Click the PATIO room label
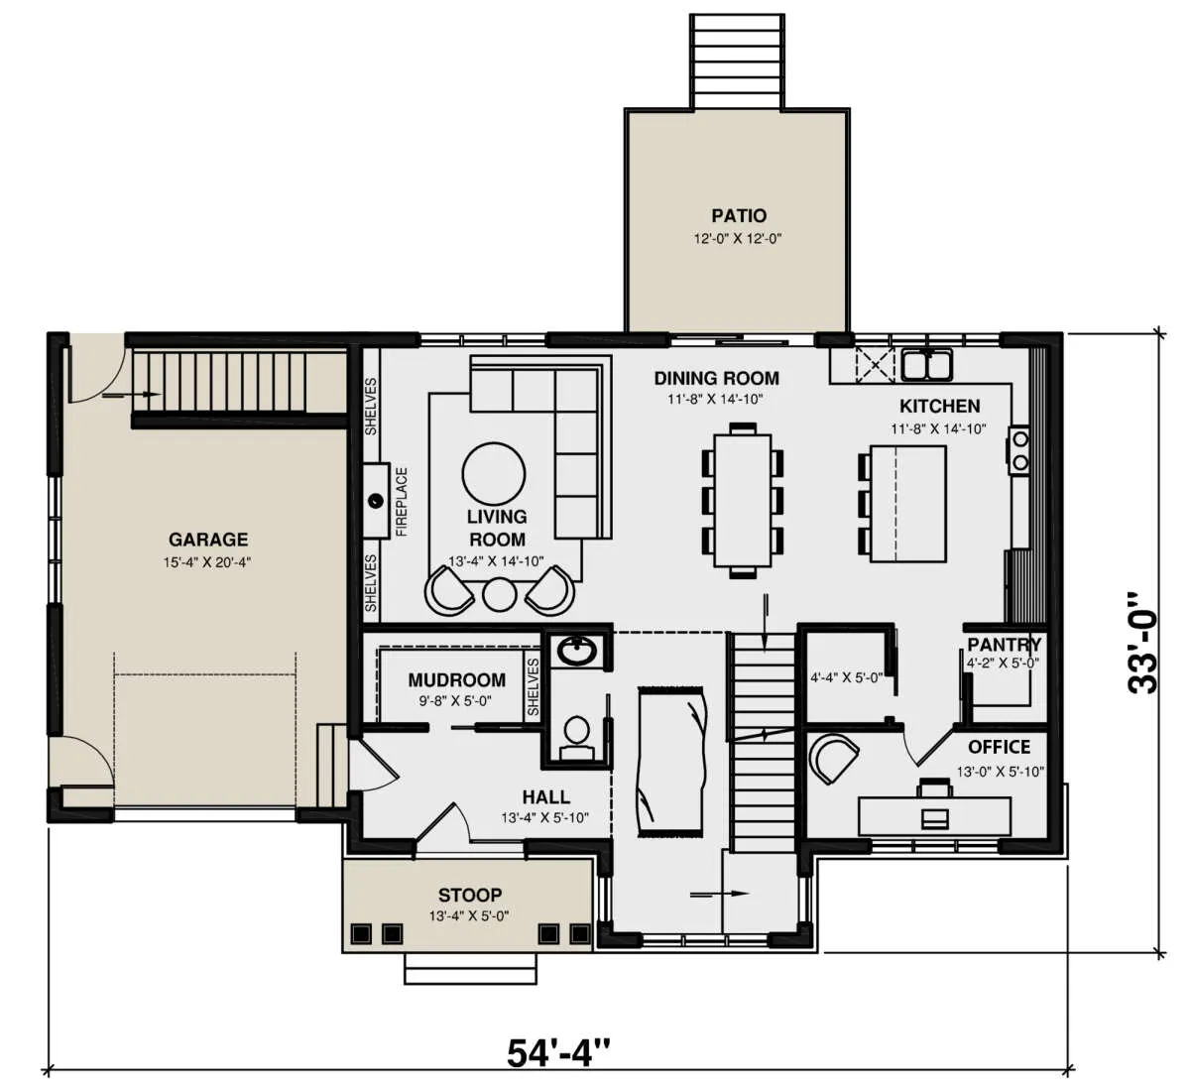click(x=739, y=215)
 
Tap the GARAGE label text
click(x=208, y=539)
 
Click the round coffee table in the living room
click(x=494, y=474)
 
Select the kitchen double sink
click(x=927, y=364)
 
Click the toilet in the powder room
click(x=576, y=739)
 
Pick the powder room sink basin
click(x=577, y=652)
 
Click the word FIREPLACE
click(x=402, y=502)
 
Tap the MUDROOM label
click(x=457, y=679)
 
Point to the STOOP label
click(x=470, y=895)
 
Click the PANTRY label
click(x=1004, y=644)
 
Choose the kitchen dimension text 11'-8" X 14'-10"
click(x=938, y=428)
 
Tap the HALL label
click(x=545, y=796)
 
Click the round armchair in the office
click(x=836, y=759)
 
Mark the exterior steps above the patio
click(x=738, y=61)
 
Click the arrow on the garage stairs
click(x=132, y=394)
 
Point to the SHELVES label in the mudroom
click(x=533, y=686)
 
